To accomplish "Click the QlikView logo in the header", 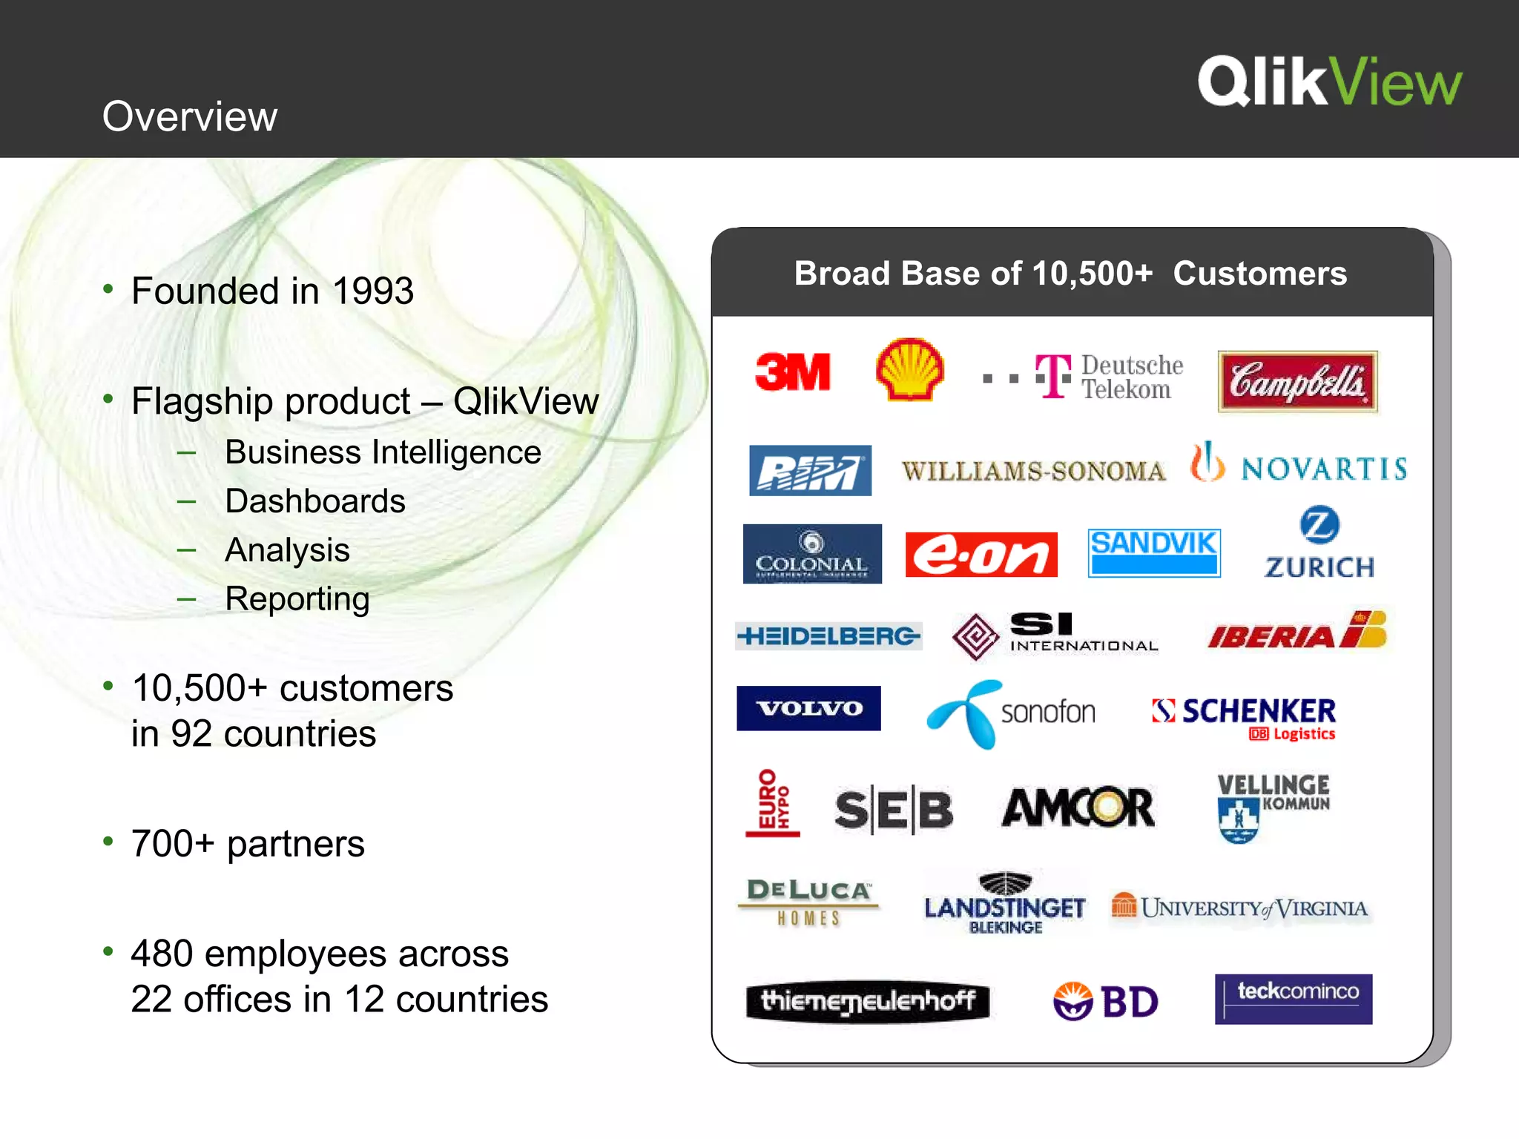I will tap(1329, 82).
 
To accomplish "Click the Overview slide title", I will tap(190, 116).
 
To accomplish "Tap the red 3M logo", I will tap(792, 372).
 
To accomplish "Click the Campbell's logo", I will tap(1297, 381).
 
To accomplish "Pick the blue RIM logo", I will tap(810, 470).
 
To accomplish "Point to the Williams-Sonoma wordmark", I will tap(1033, 471).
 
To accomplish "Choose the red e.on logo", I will tap(981, 555).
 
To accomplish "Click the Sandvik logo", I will tap(1153, 552).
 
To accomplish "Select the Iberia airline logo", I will tap(1296, 632).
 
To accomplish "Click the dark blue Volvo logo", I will tap(808, 708).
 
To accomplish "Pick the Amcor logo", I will tap(1078, 807).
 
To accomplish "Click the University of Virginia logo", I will tap(1239, 908).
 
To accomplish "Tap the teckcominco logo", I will tap(1293, 998).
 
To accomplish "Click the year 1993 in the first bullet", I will tap(372, 291).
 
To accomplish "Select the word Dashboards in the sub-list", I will tap(315, 501).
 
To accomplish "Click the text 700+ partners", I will tap(248, 844).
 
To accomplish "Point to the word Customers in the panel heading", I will tap(1259, 274).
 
